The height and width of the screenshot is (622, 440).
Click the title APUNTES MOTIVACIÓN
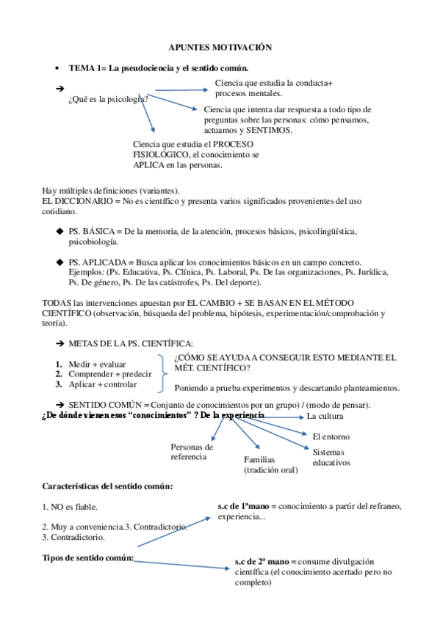coord(220,47)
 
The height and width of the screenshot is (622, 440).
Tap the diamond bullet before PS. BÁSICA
coord(59,231)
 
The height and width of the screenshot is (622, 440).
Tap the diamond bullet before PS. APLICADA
coord(59,262)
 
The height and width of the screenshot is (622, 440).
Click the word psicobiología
coord(93,241)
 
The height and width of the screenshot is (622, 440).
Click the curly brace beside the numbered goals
coord(163,373)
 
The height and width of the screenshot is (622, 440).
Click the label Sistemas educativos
coord(331,458)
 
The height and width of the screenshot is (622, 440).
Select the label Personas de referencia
coord(192,451)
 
